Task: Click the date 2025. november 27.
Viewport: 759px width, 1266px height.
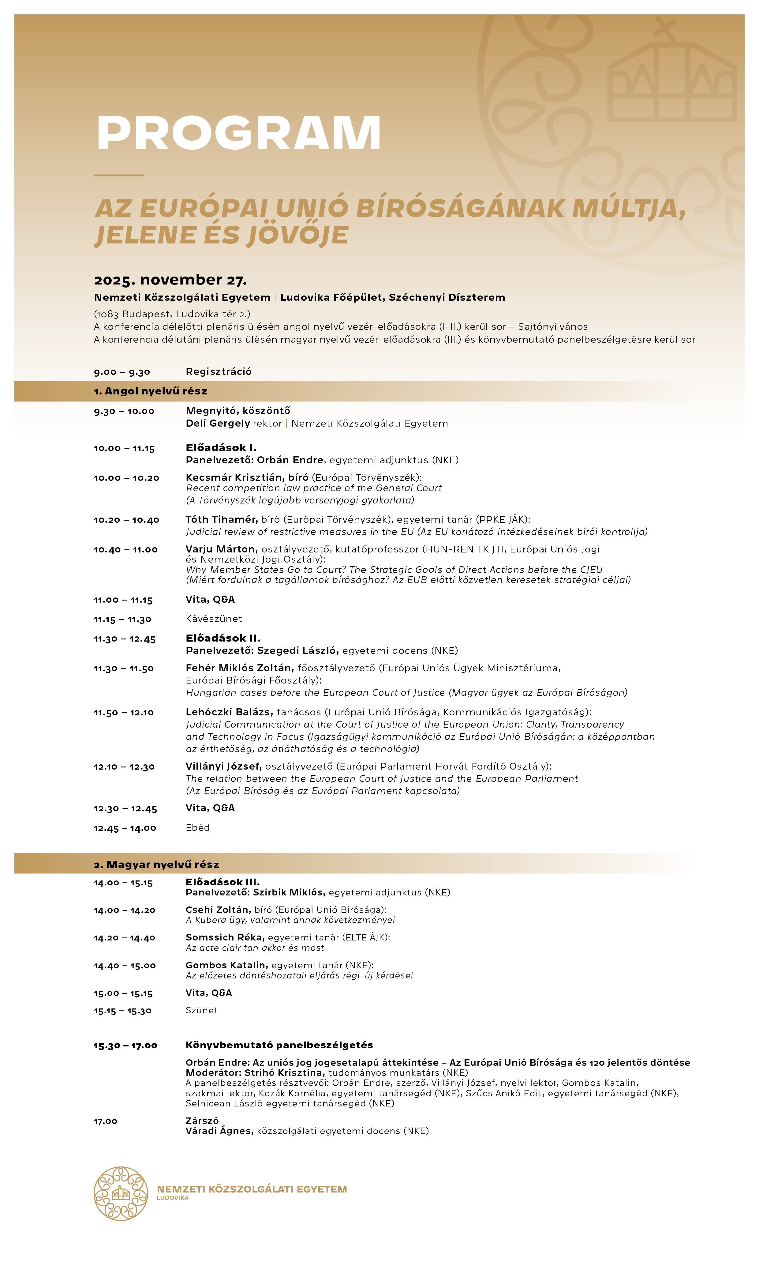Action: coord(170,280)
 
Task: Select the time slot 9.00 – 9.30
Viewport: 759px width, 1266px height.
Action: coord(122,372)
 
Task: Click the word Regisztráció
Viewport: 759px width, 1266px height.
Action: coord(219,371)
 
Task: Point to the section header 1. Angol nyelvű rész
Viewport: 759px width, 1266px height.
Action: coord(150,391)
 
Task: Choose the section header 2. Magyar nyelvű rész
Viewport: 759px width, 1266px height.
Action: coord(156,864)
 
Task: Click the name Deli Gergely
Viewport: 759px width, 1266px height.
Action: coord(217,423)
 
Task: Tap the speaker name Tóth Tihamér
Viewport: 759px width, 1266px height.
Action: coord(221,519)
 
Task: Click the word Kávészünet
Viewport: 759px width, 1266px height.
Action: coord(214,619)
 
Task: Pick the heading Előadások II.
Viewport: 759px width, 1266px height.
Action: coord(223,638)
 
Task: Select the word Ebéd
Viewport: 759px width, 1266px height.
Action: coord(197,827)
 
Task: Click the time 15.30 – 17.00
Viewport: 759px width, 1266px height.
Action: coord(125,1046)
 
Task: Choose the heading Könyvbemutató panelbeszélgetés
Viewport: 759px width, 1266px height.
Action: coord(279,1045)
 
